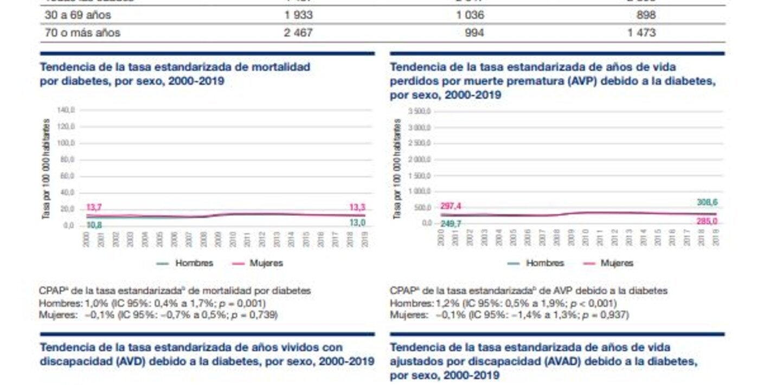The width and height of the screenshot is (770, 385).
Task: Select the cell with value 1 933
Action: click(298, 15)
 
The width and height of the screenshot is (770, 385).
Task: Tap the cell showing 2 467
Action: click(298, 33)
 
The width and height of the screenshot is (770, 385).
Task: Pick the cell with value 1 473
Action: click(641, 33)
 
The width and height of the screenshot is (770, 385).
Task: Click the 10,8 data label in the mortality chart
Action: click(94, 224)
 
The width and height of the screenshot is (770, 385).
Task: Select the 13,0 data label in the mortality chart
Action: click(357, 223)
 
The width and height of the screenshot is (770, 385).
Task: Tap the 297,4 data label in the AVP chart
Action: click(451, 206)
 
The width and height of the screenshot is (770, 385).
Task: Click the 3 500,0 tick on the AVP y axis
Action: click(418, 111)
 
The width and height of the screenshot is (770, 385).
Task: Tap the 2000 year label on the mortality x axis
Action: click(86, 240)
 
